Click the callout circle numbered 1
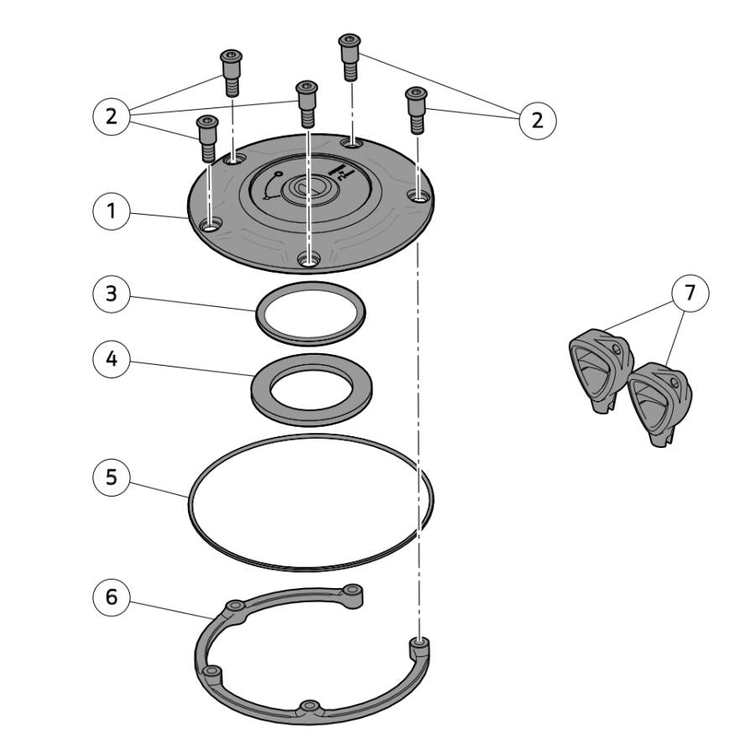pos(112,211)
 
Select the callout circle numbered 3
pos(112,294)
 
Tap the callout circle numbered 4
pos(112,359)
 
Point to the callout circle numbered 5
pos(112,477)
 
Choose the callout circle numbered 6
pos(112,597)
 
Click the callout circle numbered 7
pos(690,293)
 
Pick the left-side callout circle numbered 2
pos(112,116)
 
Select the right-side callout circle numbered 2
pos(538,120)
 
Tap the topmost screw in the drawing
pos(350,56)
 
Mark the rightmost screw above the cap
pos(417,110)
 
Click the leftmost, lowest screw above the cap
pos(208,138)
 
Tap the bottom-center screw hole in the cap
pos(308,260)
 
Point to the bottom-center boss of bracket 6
pos(310,707)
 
